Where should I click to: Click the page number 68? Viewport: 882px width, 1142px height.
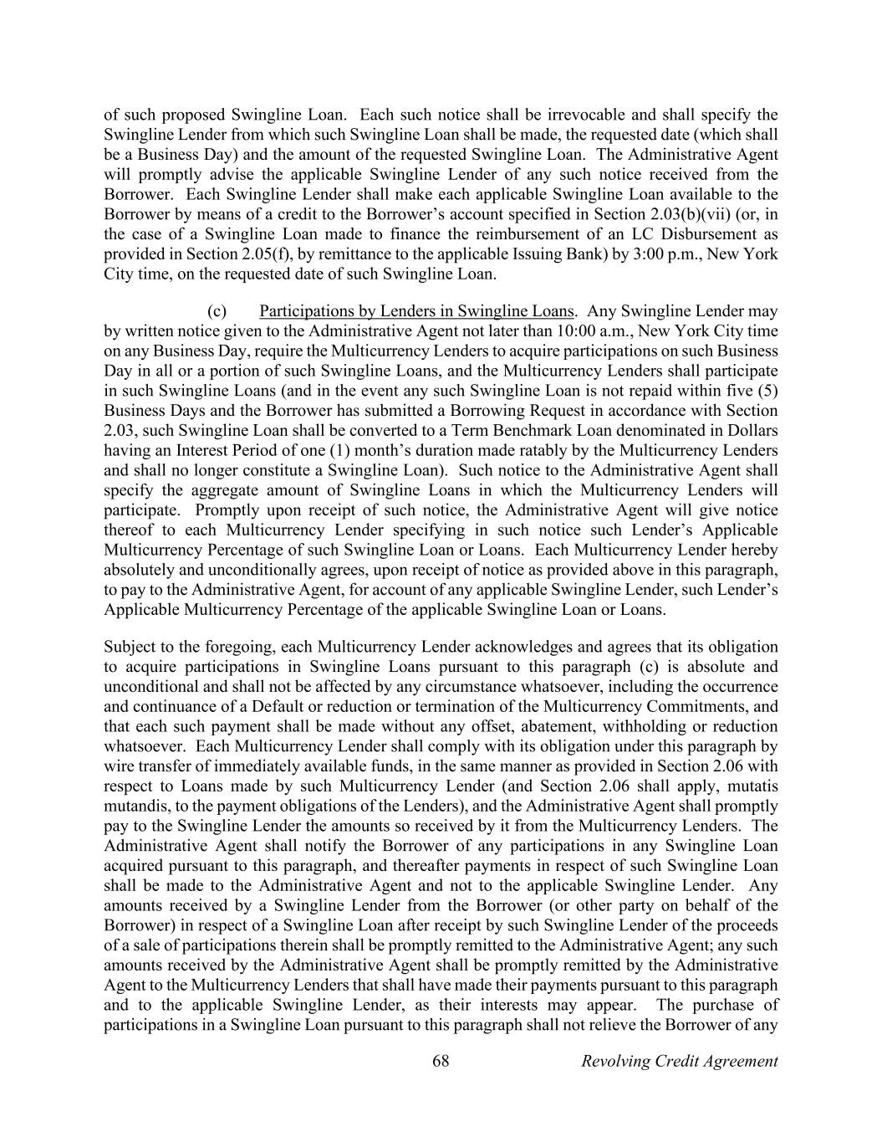click(441, 1061)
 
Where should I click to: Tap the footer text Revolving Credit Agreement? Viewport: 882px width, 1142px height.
click(679, 1061)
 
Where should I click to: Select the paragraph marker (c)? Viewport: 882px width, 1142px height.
click(217, 311)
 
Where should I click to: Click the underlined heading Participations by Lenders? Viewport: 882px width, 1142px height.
click(416, 311)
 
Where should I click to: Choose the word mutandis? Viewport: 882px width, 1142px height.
click(135, 806)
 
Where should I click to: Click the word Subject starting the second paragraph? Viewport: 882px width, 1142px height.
click(130, 647)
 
